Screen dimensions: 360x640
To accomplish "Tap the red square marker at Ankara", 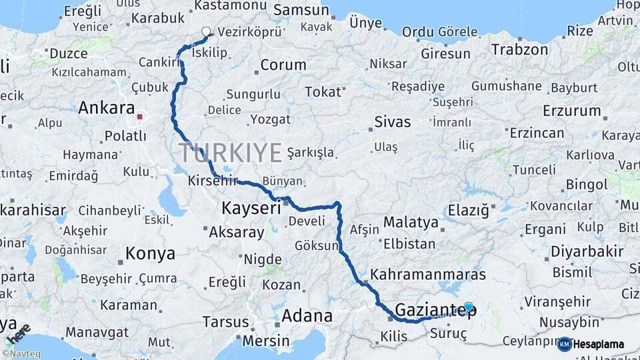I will (140, 117).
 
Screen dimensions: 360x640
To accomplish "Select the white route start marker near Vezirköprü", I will (205, 31).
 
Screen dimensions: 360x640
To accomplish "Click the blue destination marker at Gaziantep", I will (469, 307).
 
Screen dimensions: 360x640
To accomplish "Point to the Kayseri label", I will (251, 208).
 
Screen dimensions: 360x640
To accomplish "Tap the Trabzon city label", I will (519, 49).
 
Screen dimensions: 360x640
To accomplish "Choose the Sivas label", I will (392, 122).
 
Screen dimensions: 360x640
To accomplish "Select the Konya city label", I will (151, 253).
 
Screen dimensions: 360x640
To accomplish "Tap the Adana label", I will (307, 315).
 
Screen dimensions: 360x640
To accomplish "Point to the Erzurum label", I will (572, 111).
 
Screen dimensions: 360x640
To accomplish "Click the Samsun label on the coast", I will (301, 10).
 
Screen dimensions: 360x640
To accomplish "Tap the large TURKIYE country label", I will (231, 153).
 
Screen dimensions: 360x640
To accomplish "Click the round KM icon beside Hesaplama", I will (564, 344).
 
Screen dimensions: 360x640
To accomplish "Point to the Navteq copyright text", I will (21, 354).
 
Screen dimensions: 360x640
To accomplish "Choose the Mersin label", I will (266, 341).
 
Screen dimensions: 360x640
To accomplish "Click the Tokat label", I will (323, 92).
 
